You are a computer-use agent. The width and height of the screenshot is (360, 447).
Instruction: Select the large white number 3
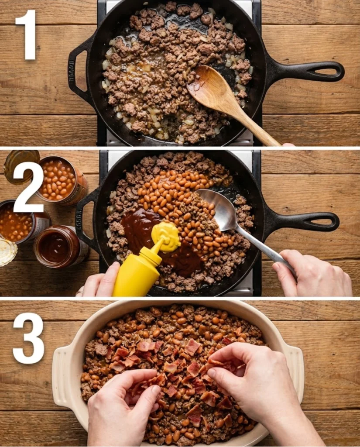pos(28,338)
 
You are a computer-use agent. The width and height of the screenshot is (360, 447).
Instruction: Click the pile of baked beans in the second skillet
pos(183,201)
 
